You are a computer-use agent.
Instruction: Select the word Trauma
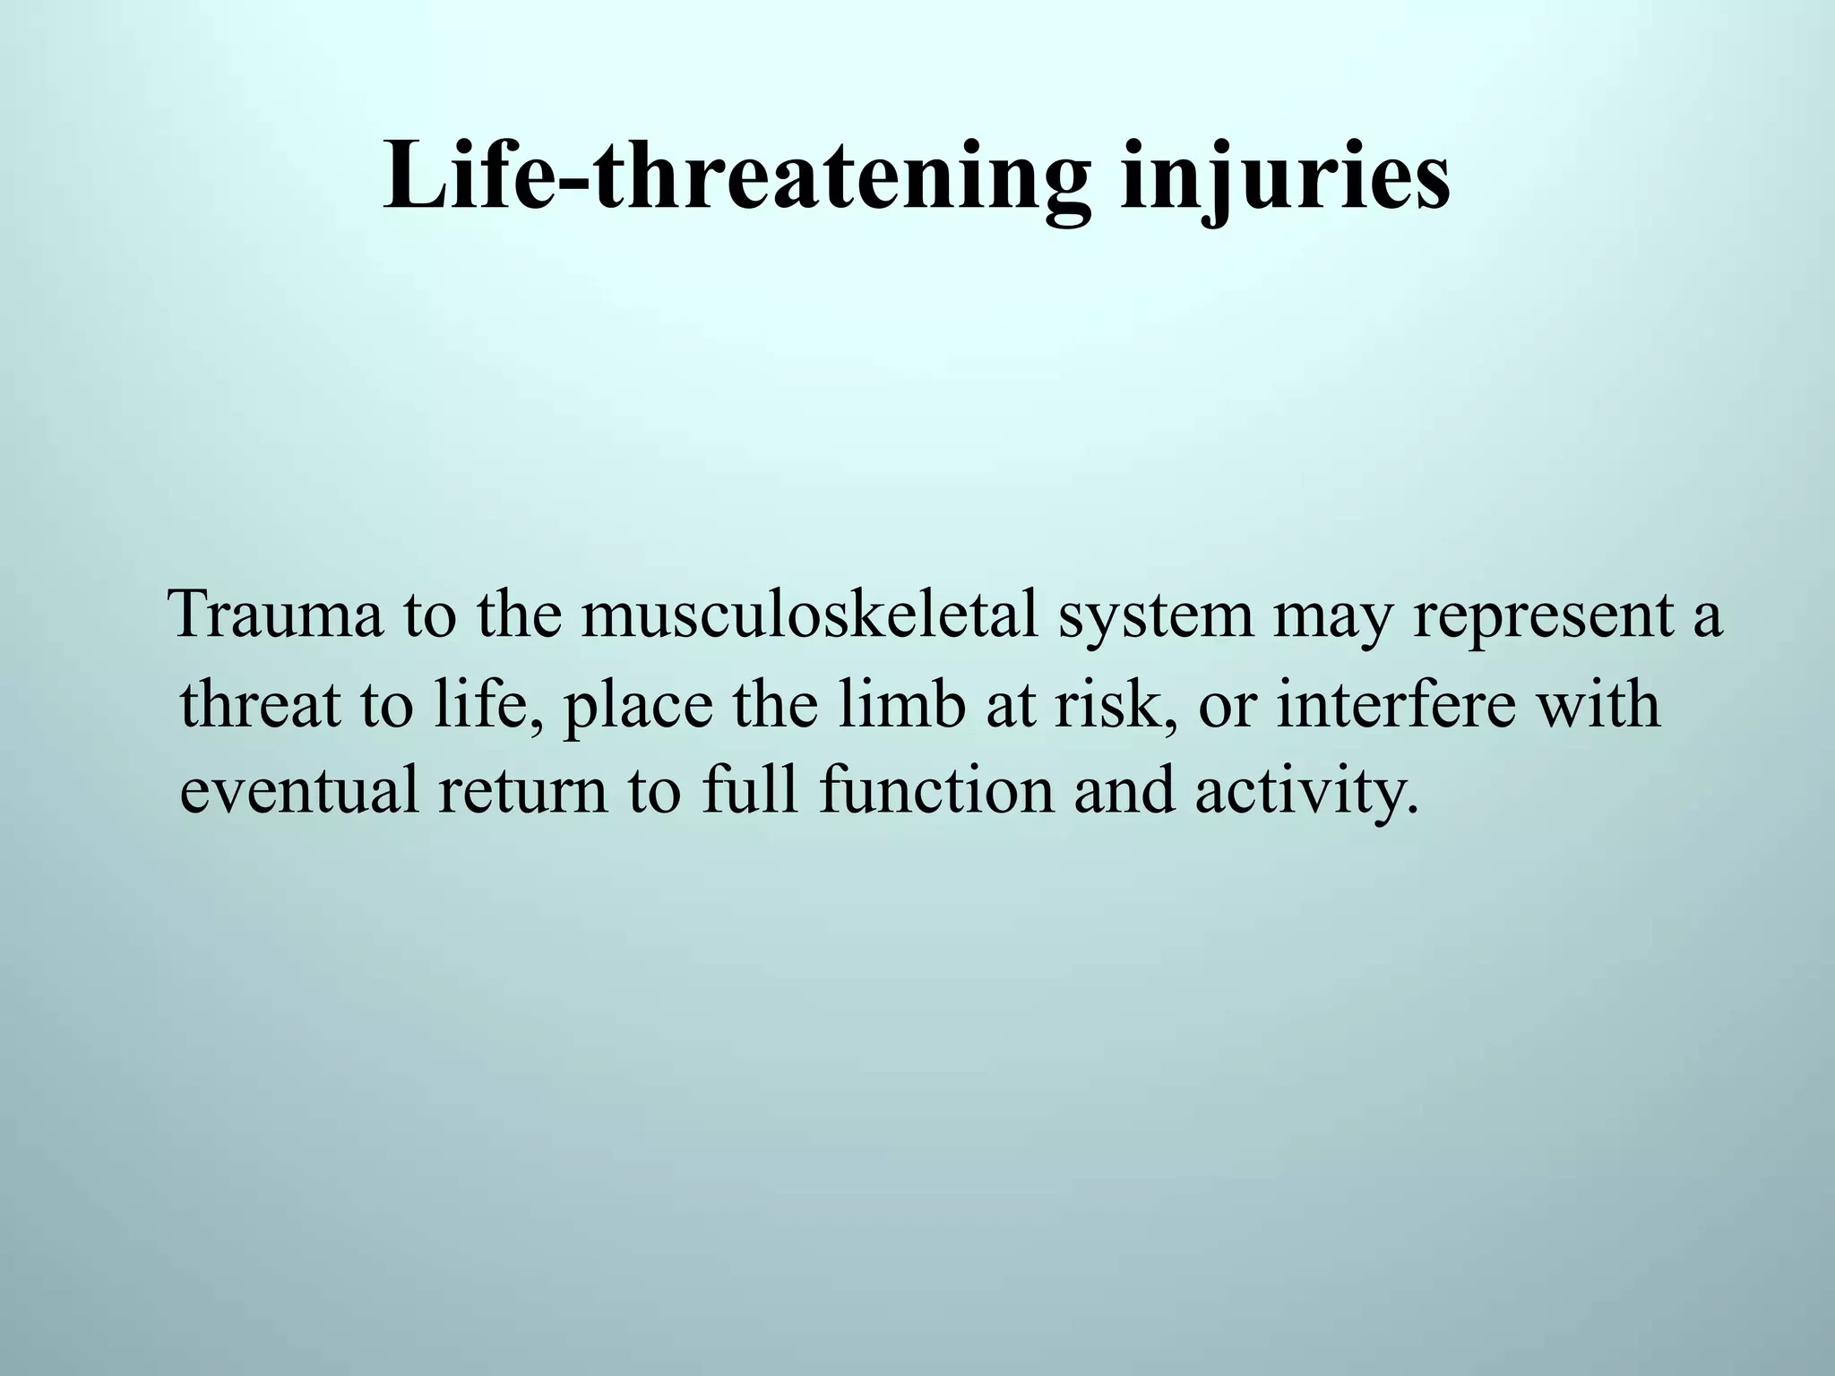click(x=277, y=615)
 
